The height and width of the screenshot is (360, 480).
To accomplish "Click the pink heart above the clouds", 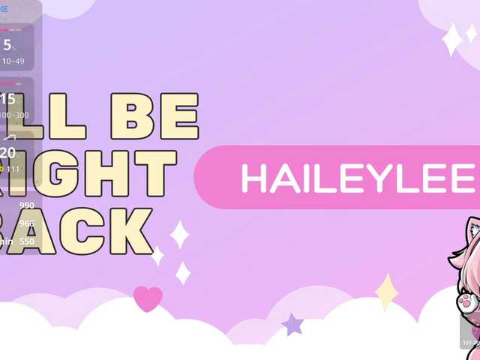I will [148, 298].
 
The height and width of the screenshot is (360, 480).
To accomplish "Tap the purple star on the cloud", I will [292, 325].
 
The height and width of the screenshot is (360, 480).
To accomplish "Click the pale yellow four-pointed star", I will [386, 292].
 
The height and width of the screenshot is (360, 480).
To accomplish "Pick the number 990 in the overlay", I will [27, 205].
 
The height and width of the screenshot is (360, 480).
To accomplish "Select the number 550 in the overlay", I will [27, 241].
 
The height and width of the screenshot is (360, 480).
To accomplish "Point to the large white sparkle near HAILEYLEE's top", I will [452, 39].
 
